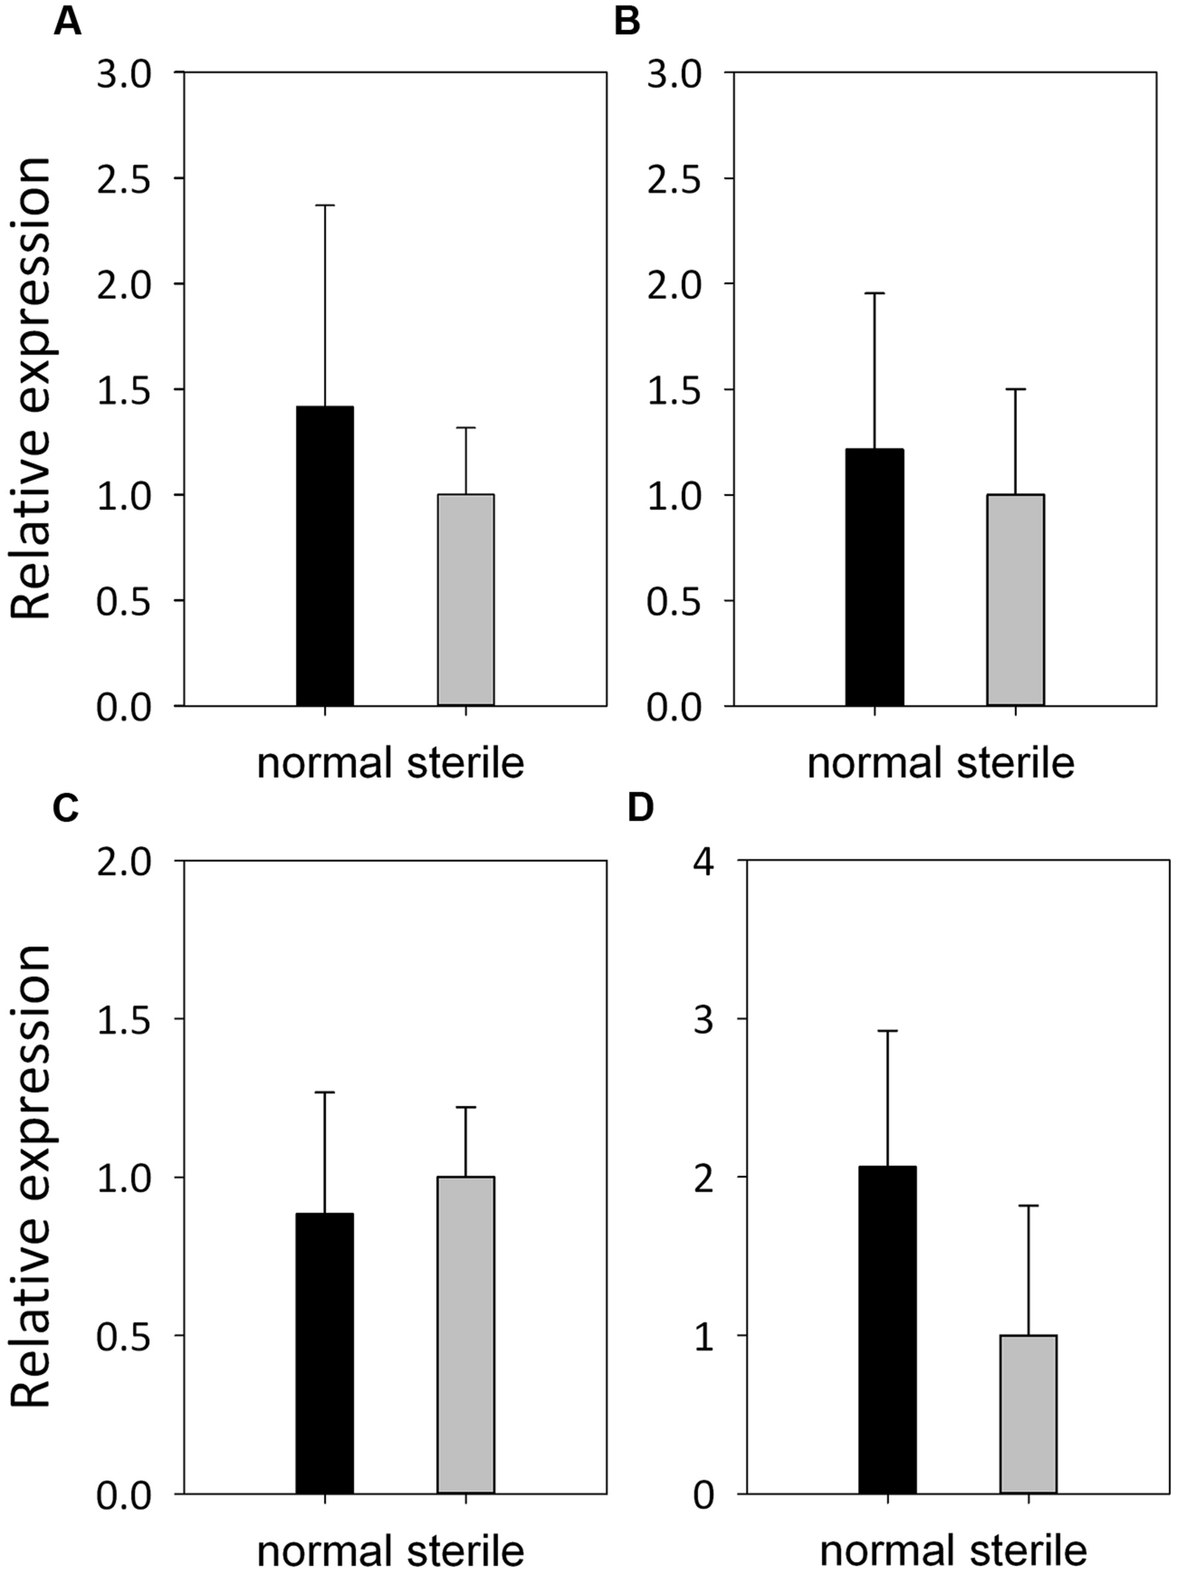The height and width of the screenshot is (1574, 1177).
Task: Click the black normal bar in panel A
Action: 324,556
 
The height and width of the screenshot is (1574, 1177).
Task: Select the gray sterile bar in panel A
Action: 465,599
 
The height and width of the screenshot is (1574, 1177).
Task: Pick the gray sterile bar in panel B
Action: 1015,599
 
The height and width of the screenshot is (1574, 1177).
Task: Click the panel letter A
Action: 67,21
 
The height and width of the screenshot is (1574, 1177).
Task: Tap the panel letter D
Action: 640,808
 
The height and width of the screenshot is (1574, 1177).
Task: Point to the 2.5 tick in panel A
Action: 125,179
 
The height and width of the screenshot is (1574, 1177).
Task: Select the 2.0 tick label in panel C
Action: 125,862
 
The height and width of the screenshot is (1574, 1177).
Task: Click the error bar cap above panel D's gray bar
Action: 1028,1206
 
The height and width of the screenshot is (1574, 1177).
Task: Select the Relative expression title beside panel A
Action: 32,388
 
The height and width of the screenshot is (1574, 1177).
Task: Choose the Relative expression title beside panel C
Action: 32,1177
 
